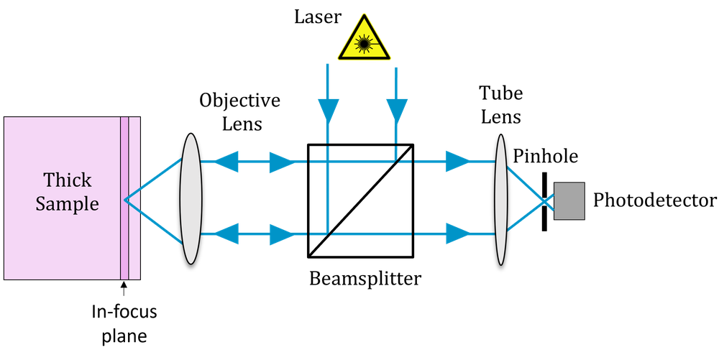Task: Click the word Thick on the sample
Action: click(x=68, y=180)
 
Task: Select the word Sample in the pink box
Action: click(x=68, y=203)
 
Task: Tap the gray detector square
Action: click(x=569, y=201)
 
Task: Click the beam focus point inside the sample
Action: click(x=126, y=199)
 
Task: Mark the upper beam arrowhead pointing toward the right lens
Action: click(x=457, y=162)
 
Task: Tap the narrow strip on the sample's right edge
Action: click(x=129, y=198)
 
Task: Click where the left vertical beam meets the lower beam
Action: click(x=327, y=233)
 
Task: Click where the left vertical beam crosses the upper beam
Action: click(x=327, y=162)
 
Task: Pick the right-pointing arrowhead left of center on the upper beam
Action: click(x=281, y=162)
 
